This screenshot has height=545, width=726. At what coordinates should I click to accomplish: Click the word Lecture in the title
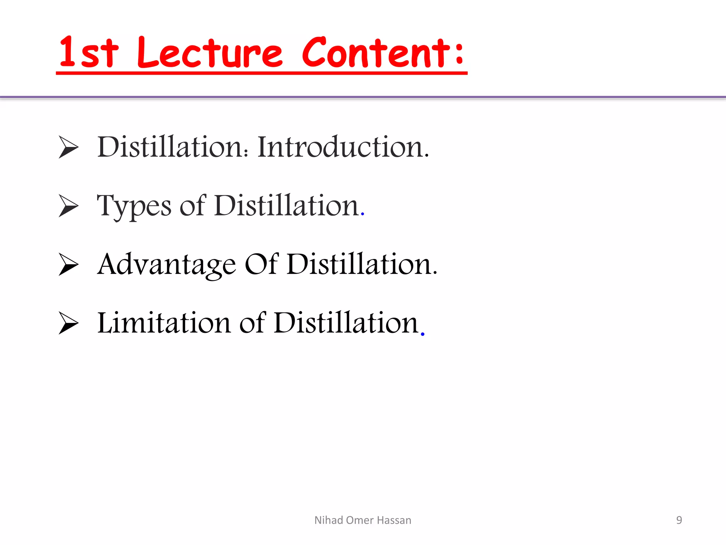(x=210, y=53)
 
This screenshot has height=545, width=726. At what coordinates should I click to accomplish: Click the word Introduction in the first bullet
(x=343, y=147)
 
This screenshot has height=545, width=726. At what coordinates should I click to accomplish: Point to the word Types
(x=134, y=207)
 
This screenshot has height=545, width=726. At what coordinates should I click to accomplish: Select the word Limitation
(x=164, y=323)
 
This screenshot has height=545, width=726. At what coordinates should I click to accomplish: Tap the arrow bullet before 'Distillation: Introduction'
(x=68, y=147)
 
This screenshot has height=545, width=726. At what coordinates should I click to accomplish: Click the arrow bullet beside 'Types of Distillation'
(x=68, y=206)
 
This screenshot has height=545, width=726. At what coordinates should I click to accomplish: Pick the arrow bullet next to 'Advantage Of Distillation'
(x=68, y=264)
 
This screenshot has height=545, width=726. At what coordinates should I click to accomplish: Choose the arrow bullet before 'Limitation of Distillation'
(x=68, y=323)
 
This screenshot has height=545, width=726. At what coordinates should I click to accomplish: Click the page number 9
(x=679, y=520)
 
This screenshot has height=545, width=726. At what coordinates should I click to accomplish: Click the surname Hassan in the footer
(x=394, y=520)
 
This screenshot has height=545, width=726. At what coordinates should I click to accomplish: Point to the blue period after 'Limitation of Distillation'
(x=423, y=334)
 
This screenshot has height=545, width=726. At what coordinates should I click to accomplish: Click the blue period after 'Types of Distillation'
(x=362, y=214)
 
